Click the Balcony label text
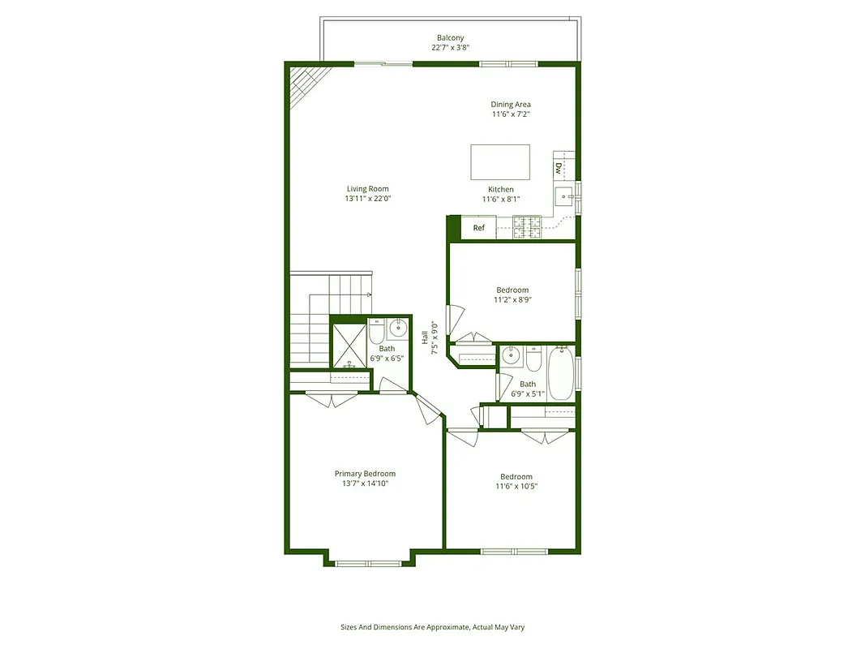[450, 38]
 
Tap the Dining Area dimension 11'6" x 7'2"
[511, 114]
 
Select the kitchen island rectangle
[500, 162]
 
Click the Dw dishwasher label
[559, 169]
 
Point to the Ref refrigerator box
[479, 228]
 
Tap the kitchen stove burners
[527, 227]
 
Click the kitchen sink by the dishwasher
[563, 195]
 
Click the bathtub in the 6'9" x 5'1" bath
[561, 373]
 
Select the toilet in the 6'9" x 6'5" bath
[376, 333]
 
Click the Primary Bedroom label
[365, 474]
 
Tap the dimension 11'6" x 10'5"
[516, 487]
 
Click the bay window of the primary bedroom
[369, 561]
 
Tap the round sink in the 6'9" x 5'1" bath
[511, 355]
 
